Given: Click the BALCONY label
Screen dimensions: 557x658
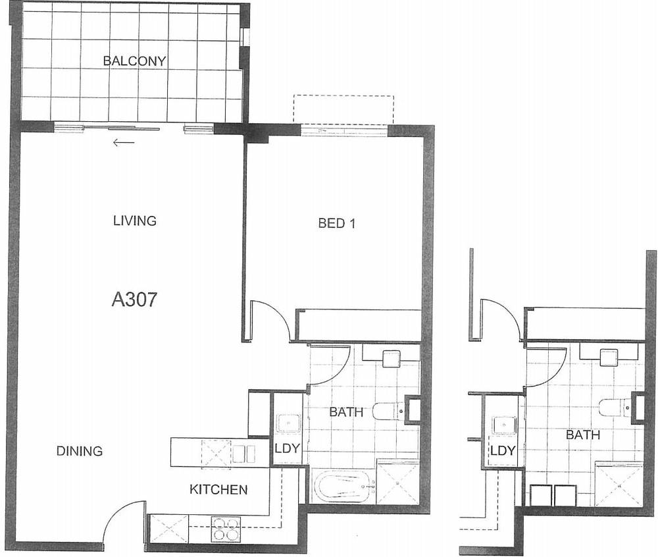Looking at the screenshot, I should pyautogui.click(x=134, y=61).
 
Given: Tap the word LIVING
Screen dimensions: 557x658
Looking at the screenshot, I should pyautogui.click(x=135, y=221).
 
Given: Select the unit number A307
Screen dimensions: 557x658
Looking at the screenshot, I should pyautogui.click(x=134, y=300).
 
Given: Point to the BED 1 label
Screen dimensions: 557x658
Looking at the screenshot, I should pyautogui.click(x=337, y=223).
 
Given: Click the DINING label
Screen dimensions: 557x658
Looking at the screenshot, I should pyautogui.click(x=79, y=451).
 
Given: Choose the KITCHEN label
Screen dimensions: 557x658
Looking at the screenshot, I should pyautogui.click(x=218, y=489).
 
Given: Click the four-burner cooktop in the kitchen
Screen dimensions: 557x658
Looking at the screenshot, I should pyautogui.click(x=225, y=529).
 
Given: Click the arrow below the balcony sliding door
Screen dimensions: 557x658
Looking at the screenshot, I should pyautogui.click(x=123, y=142).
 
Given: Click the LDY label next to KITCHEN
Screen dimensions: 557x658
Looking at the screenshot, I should pyautogui.click(x=287, y=448).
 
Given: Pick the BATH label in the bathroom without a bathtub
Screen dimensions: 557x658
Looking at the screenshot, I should pyautogui.click(x=582, y=435).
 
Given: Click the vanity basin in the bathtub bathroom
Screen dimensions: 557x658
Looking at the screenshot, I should pyautogui.click(x=392, y=359).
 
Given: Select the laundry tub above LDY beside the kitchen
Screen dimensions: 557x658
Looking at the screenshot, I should pyautogui.click(x=288, y=423).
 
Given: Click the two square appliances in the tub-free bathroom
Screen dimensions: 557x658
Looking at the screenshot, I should pyautogui.click(x=553, y=495).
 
